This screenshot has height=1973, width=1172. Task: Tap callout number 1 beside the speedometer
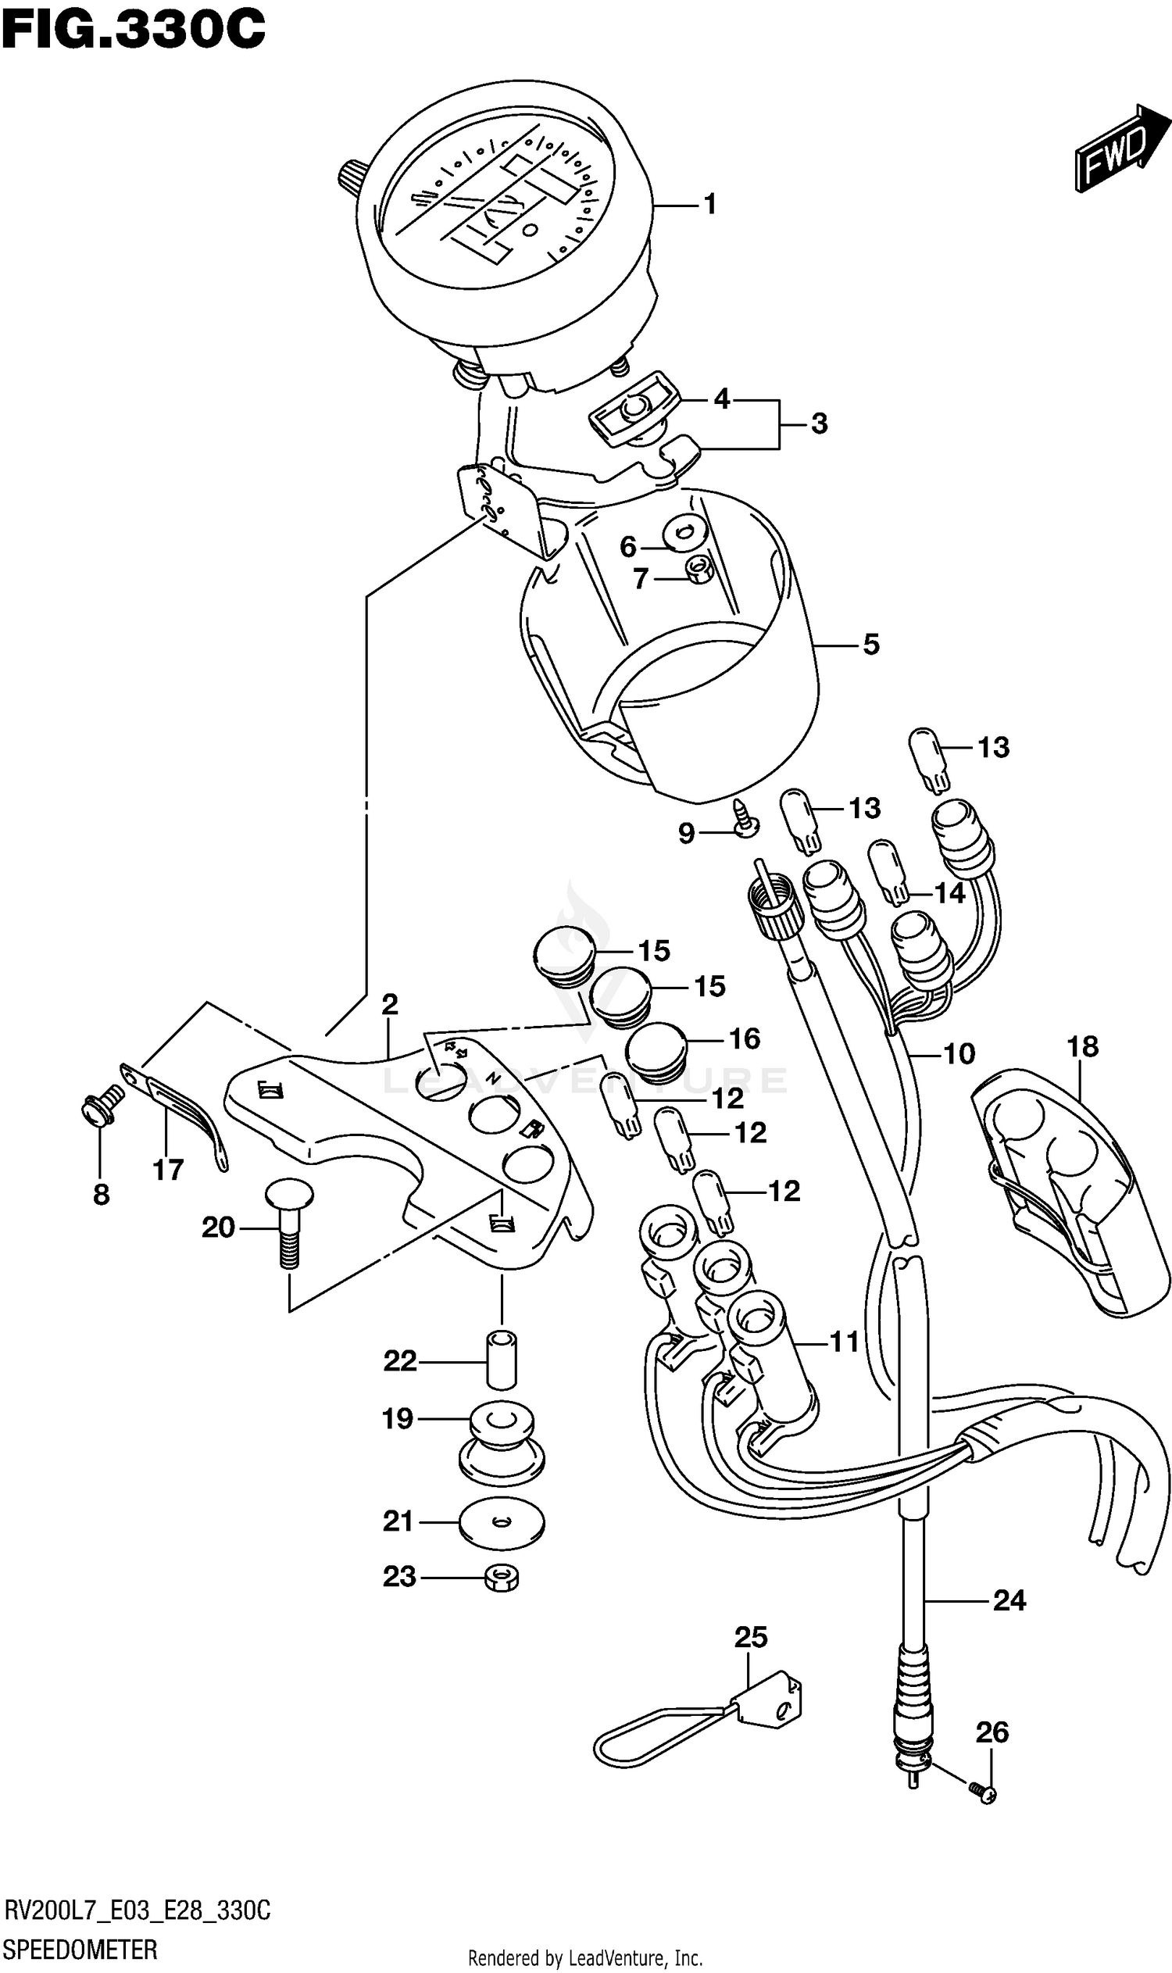tap(710, 205)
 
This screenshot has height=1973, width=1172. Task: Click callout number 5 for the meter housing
tap(870, 645)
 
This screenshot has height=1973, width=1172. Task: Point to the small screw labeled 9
tap(745, 824)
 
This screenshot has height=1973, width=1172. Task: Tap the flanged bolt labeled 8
tap(102, 1103)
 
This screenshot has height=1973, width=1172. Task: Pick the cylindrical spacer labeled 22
tap(501, 1360)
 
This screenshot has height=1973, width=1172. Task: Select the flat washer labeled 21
tap(502, 1521)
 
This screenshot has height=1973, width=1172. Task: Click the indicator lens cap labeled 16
tap(656, 1053)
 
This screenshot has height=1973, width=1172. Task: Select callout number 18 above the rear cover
tap(1082, 1047)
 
